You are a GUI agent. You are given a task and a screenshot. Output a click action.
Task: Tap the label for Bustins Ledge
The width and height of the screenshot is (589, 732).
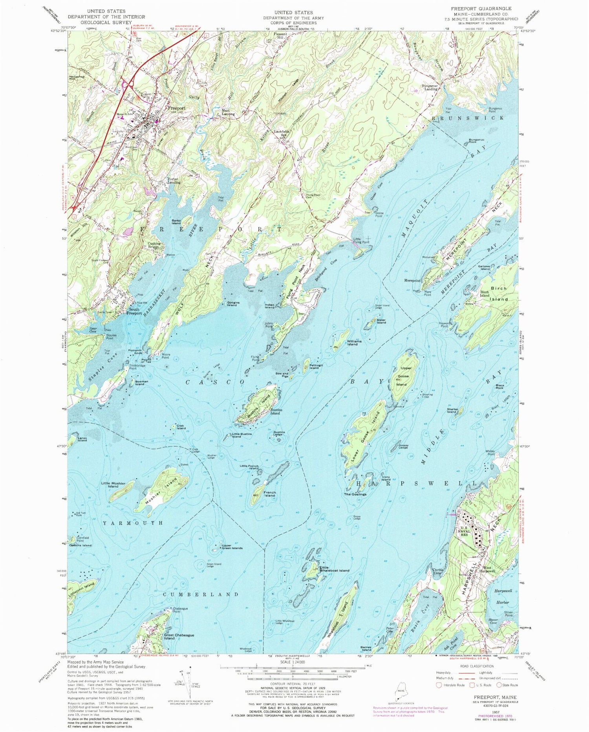point(278,434)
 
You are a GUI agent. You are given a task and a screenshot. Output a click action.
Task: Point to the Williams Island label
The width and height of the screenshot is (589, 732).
point(352,343)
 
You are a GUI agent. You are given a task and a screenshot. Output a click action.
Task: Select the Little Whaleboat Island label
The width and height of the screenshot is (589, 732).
point(334,570)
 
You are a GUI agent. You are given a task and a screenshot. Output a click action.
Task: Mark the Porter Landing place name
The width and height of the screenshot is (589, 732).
point(174,181)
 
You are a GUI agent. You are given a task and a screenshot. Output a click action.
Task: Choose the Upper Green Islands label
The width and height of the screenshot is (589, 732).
point(232,547)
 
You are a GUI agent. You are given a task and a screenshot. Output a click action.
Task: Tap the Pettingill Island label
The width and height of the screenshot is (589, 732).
point(316,366)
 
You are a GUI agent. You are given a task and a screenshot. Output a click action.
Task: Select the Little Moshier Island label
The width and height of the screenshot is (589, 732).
point(113,485)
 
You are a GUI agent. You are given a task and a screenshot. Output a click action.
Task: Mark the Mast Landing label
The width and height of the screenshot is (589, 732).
point(229,112)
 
